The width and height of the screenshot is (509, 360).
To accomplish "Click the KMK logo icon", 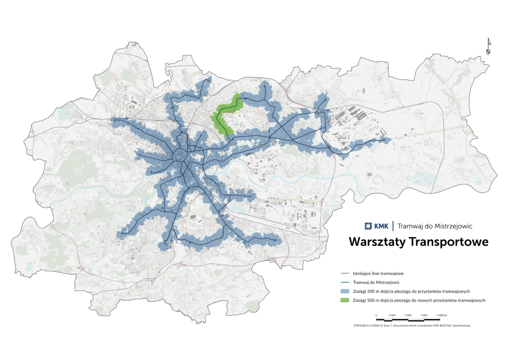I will (x=368, y=226).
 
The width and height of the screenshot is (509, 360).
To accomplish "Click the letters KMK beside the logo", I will (x=381, y=226).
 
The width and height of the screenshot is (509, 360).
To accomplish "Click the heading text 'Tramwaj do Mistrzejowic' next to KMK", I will (x=435, y=226).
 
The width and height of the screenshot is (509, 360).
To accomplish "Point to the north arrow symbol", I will (x=489, y=46).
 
